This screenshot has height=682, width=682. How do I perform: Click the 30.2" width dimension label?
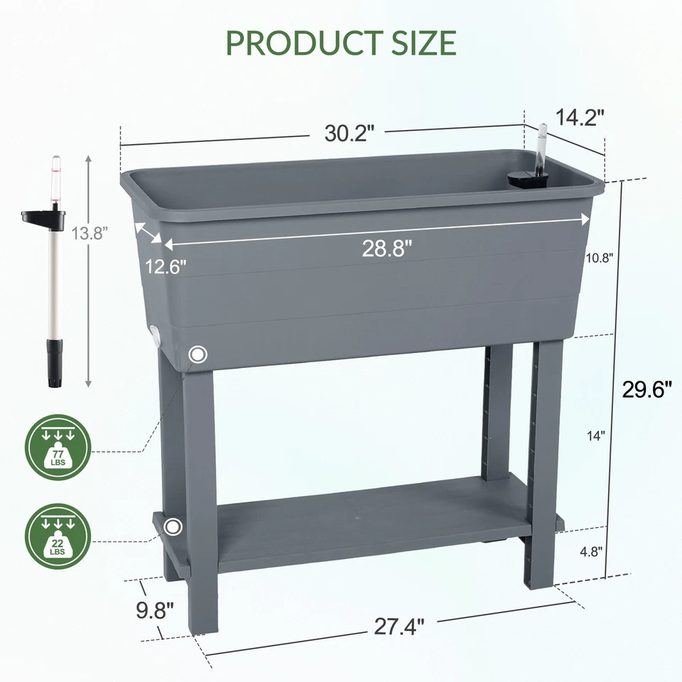click(350, 133)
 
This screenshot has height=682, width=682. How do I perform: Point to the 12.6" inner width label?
click(166, 266)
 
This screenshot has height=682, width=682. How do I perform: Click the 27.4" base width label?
click(399, 627)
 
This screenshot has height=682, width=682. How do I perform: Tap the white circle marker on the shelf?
click(172, 527)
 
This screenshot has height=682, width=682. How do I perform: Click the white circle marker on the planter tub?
click(198, 354)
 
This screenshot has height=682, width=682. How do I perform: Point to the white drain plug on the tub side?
click(154, 335)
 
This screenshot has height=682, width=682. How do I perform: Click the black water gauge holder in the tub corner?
click(526, 180)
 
